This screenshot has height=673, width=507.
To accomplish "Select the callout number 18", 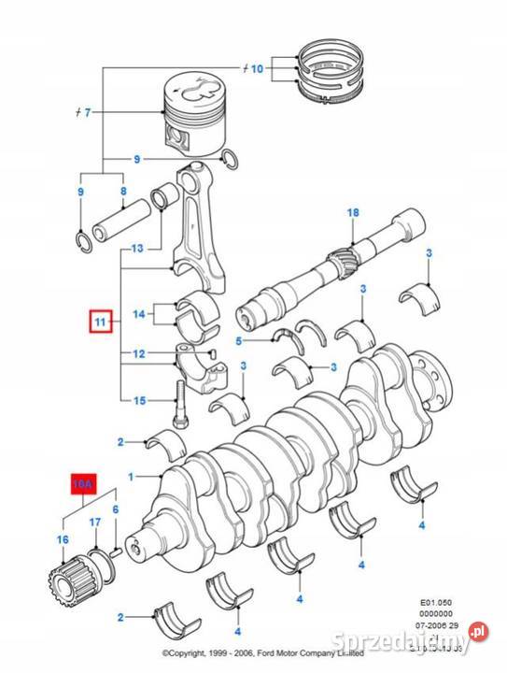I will coord(352,213).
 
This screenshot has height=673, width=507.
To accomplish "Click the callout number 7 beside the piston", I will coord(87,114).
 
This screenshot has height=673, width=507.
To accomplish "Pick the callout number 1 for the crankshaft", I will coord(132,478).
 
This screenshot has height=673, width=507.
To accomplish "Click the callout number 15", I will coord(138,401).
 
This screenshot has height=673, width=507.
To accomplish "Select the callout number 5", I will coord(239,340).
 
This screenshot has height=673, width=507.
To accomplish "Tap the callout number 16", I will coord(63,540).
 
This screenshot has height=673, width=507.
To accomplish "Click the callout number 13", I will coord(137,250).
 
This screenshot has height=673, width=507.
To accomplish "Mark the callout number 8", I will coord(122,192).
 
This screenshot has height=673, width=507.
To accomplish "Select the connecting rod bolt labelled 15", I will coord(180,400).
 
